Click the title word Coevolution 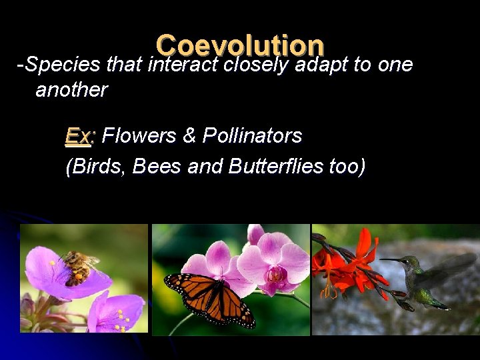tap(240, 45)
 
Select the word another tap(71, 90)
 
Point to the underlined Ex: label tap(81, 136)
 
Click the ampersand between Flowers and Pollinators tap(189, 136)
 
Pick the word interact tap(184, 65)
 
